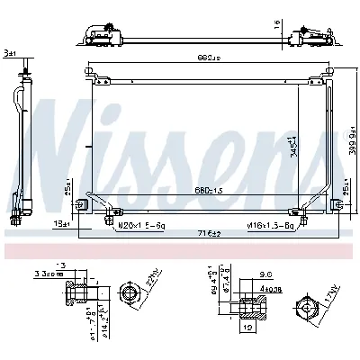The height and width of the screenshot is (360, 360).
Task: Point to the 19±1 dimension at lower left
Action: tap(59, 222)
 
